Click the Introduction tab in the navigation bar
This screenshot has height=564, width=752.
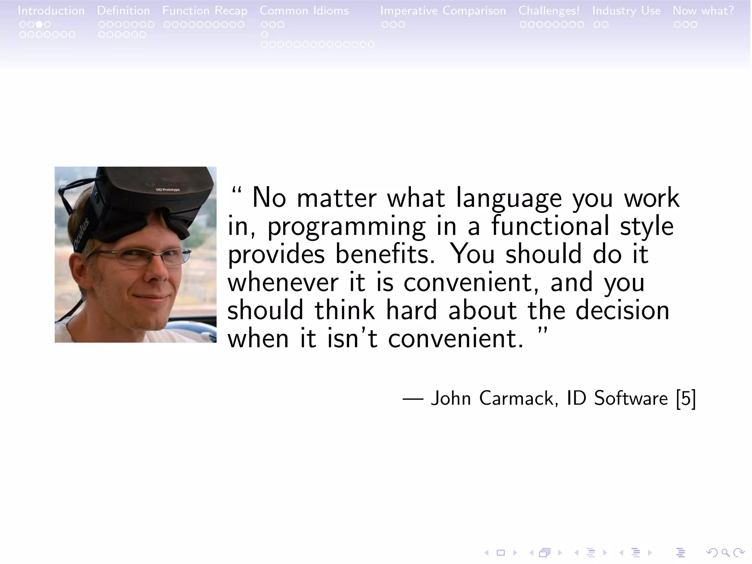[51, 11]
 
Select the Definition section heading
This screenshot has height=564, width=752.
[123, 11]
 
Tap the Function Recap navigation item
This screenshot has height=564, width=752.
[205, 11]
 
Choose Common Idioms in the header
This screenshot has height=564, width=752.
[304, 11]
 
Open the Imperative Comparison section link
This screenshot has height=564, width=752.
[443, 11]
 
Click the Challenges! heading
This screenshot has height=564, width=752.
[549, 11]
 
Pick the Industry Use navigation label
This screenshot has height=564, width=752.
[626, 11]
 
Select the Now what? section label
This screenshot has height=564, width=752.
[703, 11]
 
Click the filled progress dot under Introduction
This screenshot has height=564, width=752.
[39, 25]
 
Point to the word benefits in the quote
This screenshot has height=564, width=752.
[385, 254]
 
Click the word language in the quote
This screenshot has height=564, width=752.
[509, 198]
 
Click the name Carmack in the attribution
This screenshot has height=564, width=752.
[518, 398]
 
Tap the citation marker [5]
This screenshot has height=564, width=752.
[686, 398]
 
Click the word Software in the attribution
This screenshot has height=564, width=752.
[631, 398]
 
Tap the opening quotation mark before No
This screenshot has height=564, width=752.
[237, 192]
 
